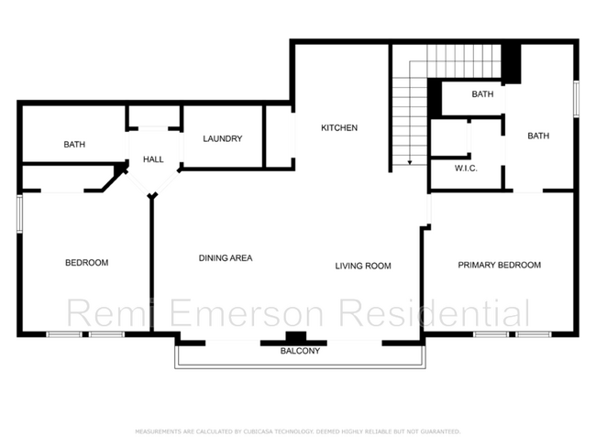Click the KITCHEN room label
click(338, 128)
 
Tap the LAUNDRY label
click(222, 139)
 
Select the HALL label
click(153, 159)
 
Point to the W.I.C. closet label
click(466, 168)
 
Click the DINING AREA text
click(226, 258)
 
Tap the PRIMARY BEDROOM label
click(499, 266)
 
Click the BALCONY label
click(300, 351)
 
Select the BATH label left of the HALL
click(74, 145)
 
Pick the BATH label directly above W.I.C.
click(482, 94)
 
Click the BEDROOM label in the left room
click(86, 263)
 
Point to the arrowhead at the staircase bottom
click(410, 162)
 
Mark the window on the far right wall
click(577, 99)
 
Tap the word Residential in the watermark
click(434, 313)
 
